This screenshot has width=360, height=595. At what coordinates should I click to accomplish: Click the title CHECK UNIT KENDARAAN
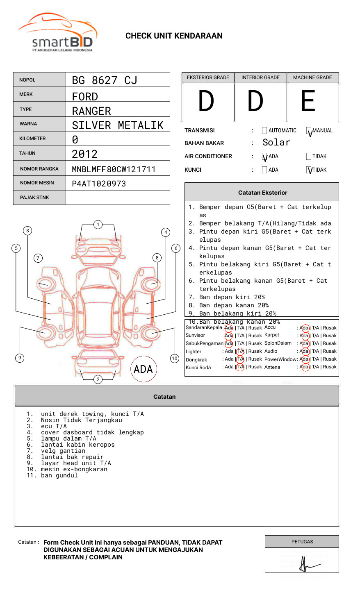tap(174, 36)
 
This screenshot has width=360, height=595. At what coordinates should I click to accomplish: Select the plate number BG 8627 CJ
tap(104, 80)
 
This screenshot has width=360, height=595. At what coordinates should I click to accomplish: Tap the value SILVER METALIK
tap(118, 125)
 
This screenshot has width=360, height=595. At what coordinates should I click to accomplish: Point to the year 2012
tap(84, 154)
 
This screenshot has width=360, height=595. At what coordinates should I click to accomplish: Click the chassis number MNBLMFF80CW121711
tap(114, 169)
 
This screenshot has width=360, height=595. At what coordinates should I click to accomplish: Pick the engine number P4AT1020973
tap(99, 184)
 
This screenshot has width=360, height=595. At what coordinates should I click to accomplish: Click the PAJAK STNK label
tap(34, 198)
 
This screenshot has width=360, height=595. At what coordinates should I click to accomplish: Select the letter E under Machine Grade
tap(308, 101)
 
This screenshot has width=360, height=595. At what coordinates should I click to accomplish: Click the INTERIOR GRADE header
tap(260, 77)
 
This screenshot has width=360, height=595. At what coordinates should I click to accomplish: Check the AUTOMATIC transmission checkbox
tap(264, 131)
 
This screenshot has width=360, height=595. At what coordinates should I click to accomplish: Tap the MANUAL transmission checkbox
tap(309, 131)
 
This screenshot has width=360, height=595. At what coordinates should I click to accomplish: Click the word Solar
tap(276, 143)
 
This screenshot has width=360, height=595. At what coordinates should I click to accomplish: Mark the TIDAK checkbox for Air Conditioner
tap(309, 156)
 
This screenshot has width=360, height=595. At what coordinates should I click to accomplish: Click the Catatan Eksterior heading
tap(262, 193)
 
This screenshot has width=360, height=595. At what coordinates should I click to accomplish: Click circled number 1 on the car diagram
tap(98, 225)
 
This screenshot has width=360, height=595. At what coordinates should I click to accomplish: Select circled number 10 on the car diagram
tap(175, 359)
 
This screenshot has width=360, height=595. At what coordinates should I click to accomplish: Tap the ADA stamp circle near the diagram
tap(144, 369)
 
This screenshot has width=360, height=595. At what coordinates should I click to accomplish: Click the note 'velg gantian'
tap(63, 451)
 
